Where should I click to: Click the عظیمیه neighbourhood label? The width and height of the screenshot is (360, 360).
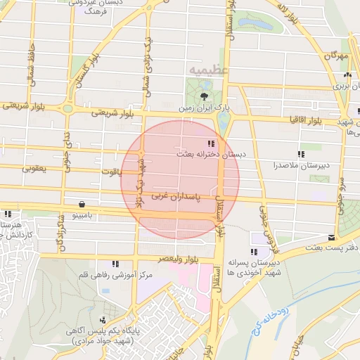pos(205,72)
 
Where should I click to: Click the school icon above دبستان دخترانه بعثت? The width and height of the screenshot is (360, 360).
pos(212,143)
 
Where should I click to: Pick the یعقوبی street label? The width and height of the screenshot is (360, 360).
pos(34,169)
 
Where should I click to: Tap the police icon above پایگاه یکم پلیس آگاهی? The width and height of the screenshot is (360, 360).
pos(103,320)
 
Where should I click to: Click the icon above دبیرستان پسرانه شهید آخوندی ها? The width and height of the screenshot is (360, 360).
pos(253,252)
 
